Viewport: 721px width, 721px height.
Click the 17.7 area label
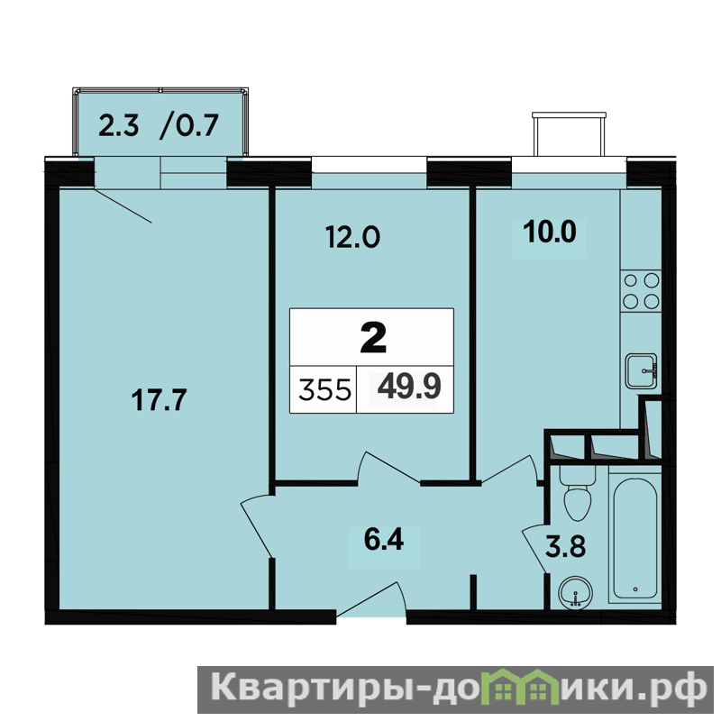click(x=160, y=399)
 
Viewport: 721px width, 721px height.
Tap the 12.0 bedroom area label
click(x=352, y=237)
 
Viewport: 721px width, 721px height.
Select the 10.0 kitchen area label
click(x=550, y=232)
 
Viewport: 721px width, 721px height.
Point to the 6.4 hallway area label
click(x=384, y=539)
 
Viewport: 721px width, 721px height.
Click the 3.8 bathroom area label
click(x=566, y=547)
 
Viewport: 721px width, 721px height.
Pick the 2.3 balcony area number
click(x=119, y=125)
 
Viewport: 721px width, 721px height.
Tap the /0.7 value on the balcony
click(x=189, y=125)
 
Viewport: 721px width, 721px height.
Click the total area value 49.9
click(x=409, y=387)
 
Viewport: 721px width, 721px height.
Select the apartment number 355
click(x=324, y=391)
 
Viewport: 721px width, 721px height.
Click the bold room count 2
click(x=373, y=337)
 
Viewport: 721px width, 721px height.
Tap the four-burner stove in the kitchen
click(x=641, y=290)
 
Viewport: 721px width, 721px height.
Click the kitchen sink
click(x=642, y=370)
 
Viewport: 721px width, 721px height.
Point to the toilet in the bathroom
click(x=578, y=493)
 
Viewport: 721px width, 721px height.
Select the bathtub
click(x=635, y=535)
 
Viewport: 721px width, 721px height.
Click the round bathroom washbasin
click(x=575, y=593)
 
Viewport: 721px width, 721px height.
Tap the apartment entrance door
click(x=372, y=599)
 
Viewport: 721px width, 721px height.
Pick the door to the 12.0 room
click(x=388, y=468)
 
